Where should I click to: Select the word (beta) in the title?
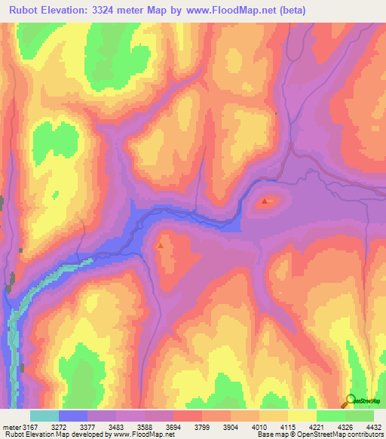point(325,9)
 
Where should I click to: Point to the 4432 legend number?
point(374,427)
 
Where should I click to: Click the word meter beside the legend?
point(11,427)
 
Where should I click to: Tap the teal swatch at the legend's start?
point(44,416)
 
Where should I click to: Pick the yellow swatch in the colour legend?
point(302,416)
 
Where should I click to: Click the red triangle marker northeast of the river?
point(265,202)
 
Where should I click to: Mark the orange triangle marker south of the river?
point(160,245)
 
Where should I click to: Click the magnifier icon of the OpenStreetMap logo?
point(350,399)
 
